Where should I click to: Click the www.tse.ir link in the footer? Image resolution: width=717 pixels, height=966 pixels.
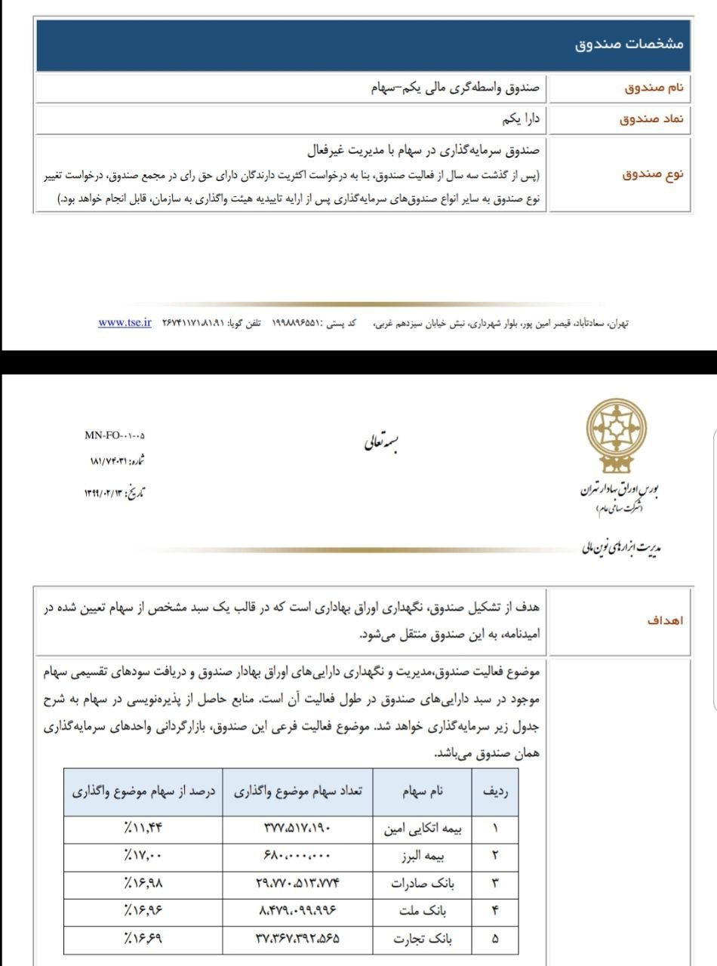pyautogui.click(x=125, y=322)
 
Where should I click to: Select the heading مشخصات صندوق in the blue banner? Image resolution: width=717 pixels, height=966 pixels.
pyautogui.click(x=629, y=45)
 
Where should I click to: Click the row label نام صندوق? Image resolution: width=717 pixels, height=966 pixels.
pyautogui.click(x=654, y=88)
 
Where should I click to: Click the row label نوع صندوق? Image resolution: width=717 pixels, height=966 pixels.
pyautogui.click(x=653, y=174)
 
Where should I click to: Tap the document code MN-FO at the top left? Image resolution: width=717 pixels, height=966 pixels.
pyautogui.click(x=115, y=435)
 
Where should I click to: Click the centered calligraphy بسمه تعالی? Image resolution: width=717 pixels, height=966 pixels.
pyautogui.click(x=381, y=442)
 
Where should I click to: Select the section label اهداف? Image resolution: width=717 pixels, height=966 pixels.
pyautogui.click(x=665, y=620)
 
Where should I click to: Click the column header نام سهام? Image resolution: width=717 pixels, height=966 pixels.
pyautogui.click(x=425, y=792)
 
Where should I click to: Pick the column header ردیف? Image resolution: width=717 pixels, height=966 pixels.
pyautogui.click(x=494, y=792)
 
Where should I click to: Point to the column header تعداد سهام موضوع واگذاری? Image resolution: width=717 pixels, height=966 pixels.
pyautogui.click(x=298, y=792)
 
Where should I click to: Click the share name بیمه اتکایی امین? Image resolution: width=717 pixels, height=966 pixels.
pyautogui.click(x=424, y=829)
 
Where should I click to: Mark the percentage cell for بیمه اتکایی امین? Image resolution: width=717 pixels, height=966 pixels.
pyautogui.click(x=143, y=829)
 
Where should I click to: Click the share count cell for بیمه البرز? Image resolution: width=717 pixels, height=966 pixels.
pyautogui.click(x=297, y=857)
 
